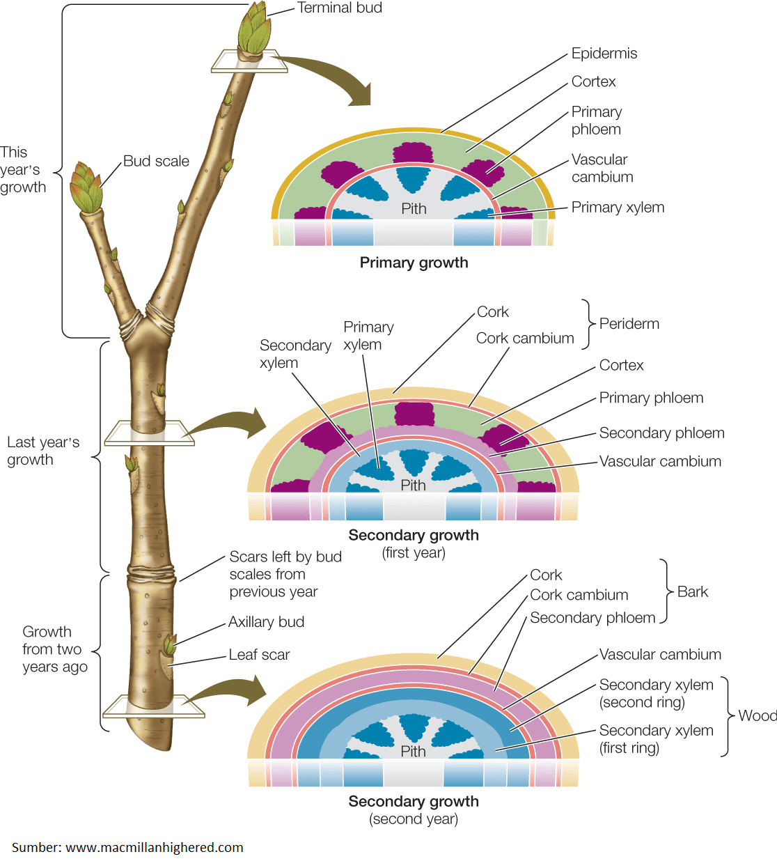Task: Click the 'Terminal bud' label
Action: (x=339, y=8)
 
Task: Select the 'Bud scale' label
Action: (x=156, y=161)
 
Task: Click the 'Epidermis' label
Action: (x=604, y=54)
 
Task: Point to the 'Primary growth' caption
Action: (x=414, y=263)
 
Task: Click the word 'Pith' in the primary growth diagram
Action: (x=414, y=208)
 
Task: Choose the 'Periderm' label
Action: (x=629, y=324)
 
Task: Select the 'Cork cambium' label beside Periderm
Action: (x=525, y=339)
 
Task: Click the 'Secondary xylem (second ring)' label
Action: (x=656, y=693)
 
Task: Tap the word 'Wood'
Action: (x=757, y=715)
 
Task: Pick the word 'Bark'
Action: (x=692, y=591)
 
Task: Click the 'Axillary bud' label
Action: (x=266, y=622)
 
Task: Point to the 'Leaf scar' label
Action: (x=259, y=655)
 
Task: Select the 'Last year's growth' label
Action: (x=43, y=451)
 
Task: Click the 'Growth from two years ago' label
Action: (x=54, y=649)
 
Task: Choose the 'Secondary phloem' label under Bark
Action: (x=592, y=618)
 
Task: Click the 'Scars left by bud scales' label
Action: (x=285, y=574)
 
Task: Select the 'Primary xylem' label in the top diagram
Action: (x=618, y=208)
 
